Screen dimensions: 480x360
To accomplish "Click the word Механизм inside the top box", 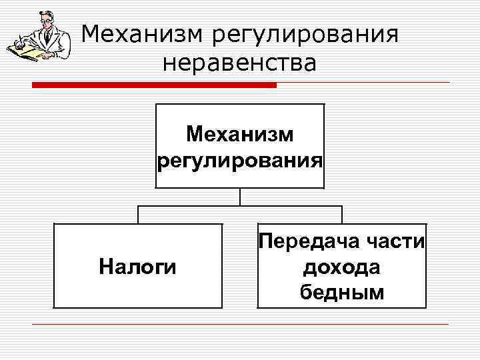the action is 239,135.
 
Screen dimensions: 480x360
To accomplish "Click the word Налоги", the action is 137,267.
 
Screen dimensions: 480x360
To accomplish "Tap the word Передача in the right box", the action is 310,241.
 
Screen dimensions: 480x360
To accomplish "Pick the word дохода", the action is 341,267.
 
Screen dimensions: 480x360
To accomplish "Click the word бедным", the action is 341,292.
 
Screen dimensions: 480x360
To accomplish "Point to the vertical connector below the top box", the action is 239,197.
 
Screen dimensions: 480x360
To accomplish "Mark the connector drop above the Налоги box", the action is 137,215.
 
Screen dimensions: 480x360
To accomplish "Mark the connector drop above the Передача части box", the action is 341,215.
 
